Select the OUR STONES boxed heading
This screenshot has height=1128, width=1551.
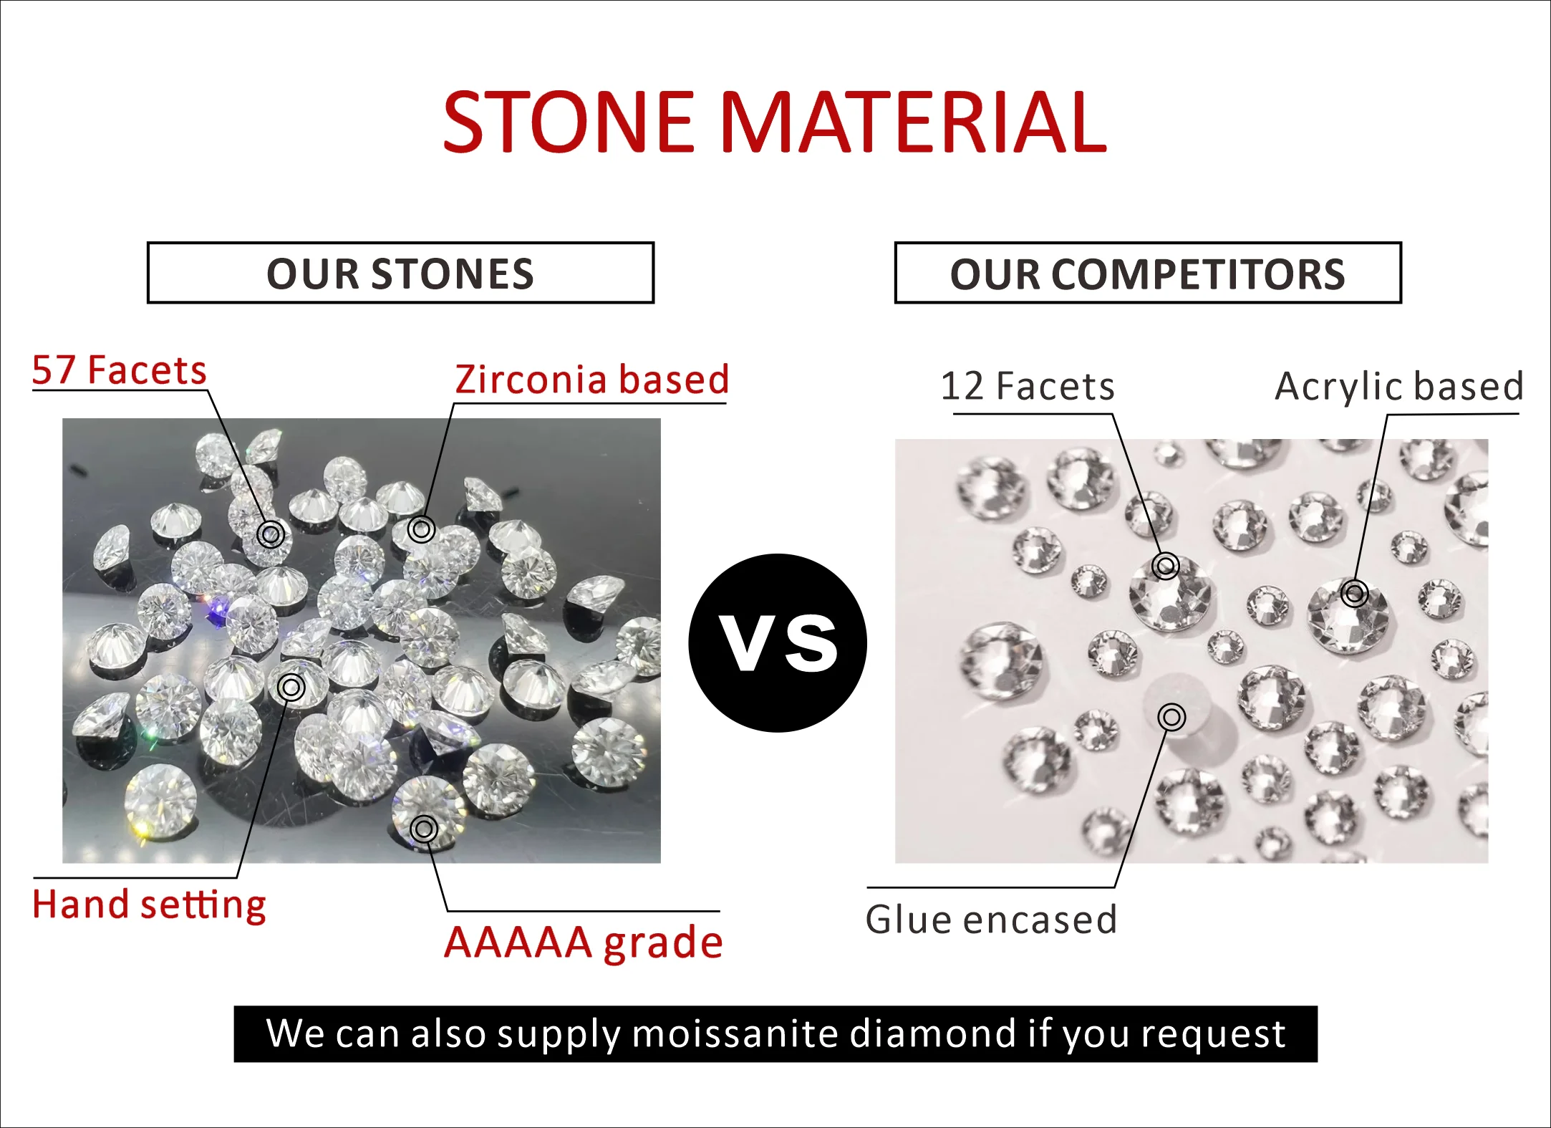400,273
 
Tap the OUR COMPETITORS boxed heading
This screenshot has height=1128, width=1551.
1148,273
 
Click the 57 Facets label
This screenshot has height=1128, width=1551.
120,370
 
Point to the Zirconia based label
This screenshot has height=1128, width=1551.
592,379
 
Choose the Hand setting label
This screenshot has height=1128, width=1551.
149,905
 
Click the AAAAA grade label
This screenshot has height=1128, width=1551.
584,943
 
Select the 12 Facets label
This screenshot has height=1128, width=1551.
1028,386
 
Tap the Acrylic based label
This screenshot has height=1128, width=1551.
1400,386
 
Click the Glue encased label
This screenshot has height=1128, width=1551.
991,920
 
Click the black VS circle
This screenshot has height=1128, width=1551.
778,642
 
